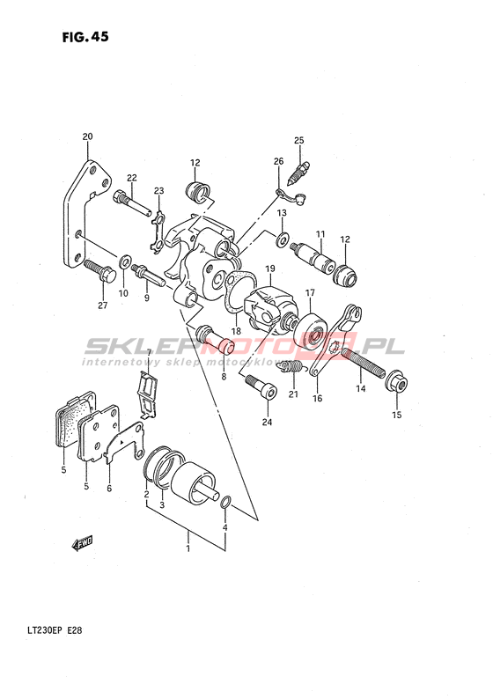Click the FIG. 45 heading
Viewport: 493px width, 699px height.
point(85,37)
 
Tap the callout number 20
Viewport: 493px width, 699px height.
point(87,136)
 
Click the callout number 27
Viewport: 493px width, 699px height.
point(103,305)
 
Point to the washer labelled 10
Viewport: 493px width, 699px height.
point(125,261)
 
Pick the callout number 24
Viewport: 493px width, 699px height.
point(267,422)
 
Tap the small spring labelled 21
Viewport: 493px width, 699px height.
point(292,367)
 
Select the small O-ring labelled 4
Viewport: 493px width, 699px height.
point(225,503)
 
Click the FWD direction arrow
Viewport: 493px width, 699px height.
point(82,544)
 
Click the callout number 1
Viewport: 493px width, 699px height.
point(188,548)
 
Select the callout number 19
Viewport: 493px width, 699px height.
point(270,269)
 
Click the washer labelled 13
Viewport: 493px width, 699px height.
point(282,239)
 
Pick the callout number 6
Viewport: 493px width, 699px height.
point(109,489)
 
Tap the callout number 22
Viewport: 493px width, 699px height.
point(131,178)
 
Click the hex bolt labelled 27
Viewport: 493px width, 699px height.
point(99,271)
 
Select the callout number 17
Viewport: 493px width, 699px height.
point(310,293)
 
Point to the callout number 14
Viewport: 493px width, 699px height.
point(361,389)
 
